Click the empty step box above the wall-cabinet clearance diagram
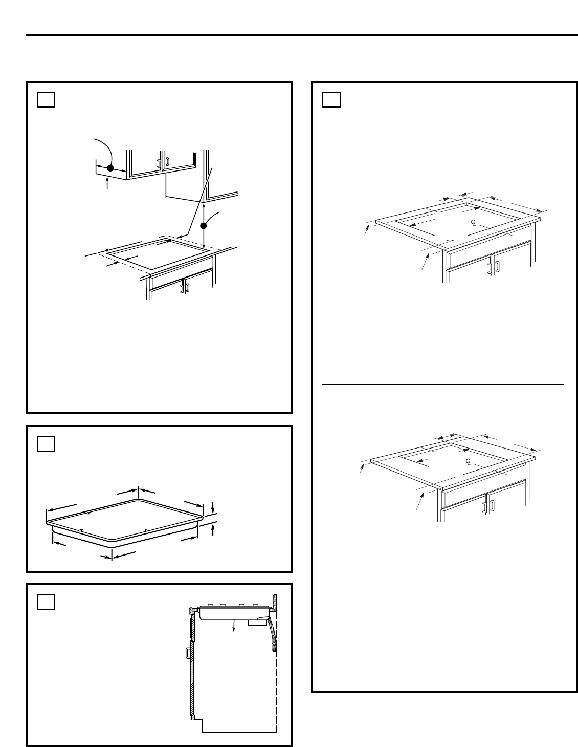click(46, 100)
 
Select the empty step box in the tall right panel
click(331, 100)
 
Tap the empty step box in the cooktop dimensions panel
click(46, 444)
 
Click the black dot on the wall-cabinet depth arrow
click(110, 168)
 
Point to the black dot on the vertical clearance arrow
click(203, 226)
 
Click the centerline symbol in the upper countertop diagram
click(473, 223)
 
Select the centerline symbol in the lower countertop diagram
click(468, 462)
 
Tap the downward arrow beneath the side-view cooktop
click(234, 625)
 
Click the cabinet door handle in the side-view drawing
click(188, 653)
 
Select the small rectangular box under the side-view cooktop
click(257, 623)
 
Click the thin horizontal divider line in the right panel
click(443, 385)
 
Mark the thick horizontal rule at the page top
click(302, 35)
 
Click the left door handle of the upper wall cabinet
click(159, 164)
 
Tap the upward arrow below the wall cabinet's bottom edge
click(107, 183)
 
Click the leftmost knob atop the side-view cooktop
click(210, 605)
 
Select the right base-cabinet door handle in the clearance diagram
click(187, 287)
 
